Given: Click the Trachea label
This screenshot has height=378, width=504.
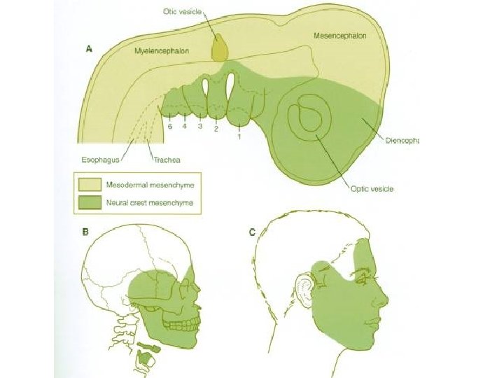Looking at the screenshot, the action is point(167,160).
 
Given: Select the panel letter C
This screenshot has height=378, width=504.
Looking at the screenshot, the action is point(252,231).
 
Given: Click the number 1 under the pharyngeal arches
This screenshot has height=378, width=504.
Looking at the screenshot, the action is point(239,137).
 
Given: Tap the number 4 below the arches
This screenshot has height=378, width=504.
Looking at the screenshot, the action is point(185,127).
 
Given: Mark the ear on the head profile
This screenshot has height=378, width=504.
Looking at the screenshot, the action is point(305,288).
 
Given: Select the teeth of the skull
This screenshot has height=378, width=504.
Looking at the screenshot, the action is point(183,323).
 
